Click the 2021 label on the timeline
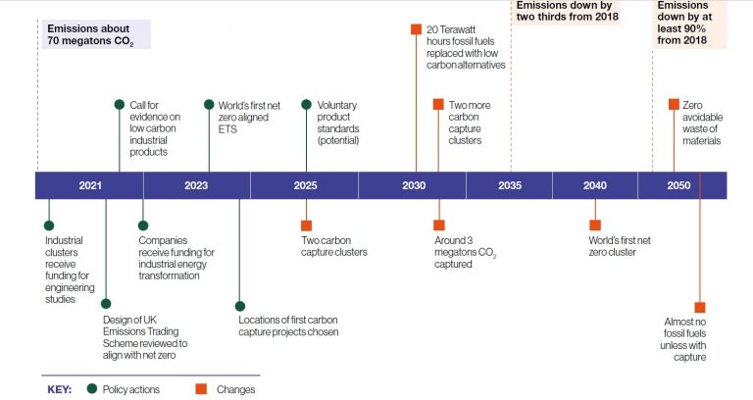pos(90,185)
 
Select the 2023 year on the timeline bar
pos(196,185)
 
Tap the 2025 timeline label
pos(306,185)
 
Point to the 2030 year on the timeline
pos(414,185)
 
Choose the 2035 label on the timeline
pos(510,185)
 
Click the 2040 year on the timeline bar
pos(595,185)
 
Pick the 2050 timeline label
pos(678,185)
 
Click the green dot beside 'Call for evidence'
pos(120,105)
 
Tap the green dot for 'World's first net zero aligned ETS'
pos(209,105)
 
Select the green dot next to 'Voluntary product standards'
pos(306,105)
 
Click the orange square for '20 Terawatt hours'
pos(416,29)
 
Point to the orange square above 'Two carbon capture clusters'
pos(306,225)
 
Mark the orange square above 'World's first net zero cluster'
pos(595,225)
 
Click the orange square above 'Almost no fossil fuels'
pos(700,307)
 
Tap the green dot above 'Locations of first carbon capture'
pos(240,306)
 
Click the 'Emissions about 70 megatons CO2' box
pos(96,34)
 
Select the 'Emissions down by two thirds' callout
pos(567,12)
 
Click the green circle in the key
pos(92,388)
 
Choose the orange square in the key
pos(201,388)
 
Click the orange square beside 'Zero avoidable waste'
pos(674,104)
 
